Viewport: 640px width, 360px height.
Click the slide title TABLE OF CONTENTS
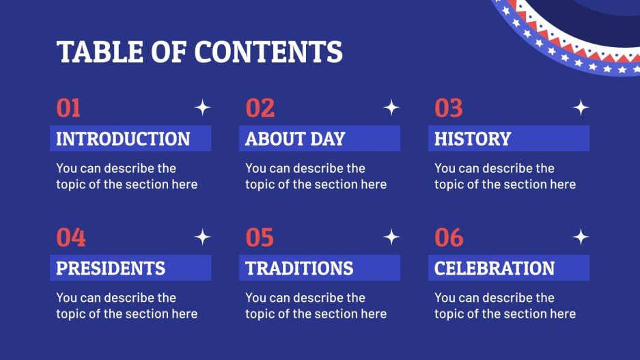pyautogui.click(x=199, y=52)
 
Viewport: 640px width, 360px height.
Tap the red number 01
pyautogui.click(x=68, y=108)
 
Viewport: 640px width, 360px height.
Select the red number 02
pyautogui.click(x=260, y=108)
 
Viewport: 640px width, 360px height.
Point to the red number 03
pyautogui.click(x=449, y=108)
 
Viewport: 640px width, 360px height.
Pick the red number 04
pyautogui.click(x=71, y=238)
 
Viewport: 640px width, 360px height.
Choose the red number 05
pyautogui.click(x=260, y=238)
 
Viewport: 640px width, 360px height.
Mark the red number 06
pyautogui.click(x=449, y=238)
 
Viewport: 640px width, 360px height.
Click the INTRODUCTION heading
pyautogui.click(x=123, y=139)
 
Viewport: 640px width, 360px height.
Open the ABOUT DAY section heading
pyautogui.click(x=295, y=139)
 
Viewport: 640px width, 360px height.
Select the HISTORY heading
pyautogui.click(x=473, y=139)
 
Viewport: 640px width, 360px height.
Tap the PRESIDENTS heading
pyautogui.click(x=111, y=268)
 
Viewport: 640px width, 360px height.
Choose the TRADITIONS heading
pyautogui.click(x=299, y=268)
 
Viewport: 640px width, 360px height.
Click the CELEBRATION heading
pyautogui.click(x=495, y=268)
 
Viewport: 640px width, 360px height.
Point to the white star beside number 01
pyautogui.click(x=202, y=107)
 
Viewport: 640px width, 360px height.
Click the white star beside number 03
pyautogui.click(x=581, y=107)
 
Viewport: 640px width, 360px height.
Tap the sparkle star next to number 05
pyautogui.click(x=391, y=237)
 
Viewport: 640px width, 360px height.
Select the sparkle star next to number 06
pyautogui.click(x=581, y=237)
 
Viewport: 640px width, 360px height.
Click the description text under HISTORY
pyautogui.click(x=505, y=176)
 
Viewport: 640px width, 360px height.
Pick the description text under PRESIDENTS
pyautogui.click(x=126, y=306)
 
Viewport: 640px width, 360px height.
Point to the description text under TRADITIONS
pyautogui.click(x=316, y=306)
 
